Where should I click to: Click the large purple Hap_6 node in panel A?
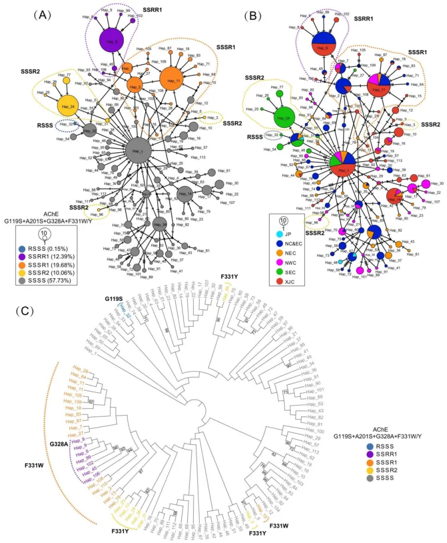111,40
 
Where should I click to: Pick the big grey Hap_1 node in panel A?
138,152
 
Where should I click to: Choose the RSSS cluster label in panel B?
254,137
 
